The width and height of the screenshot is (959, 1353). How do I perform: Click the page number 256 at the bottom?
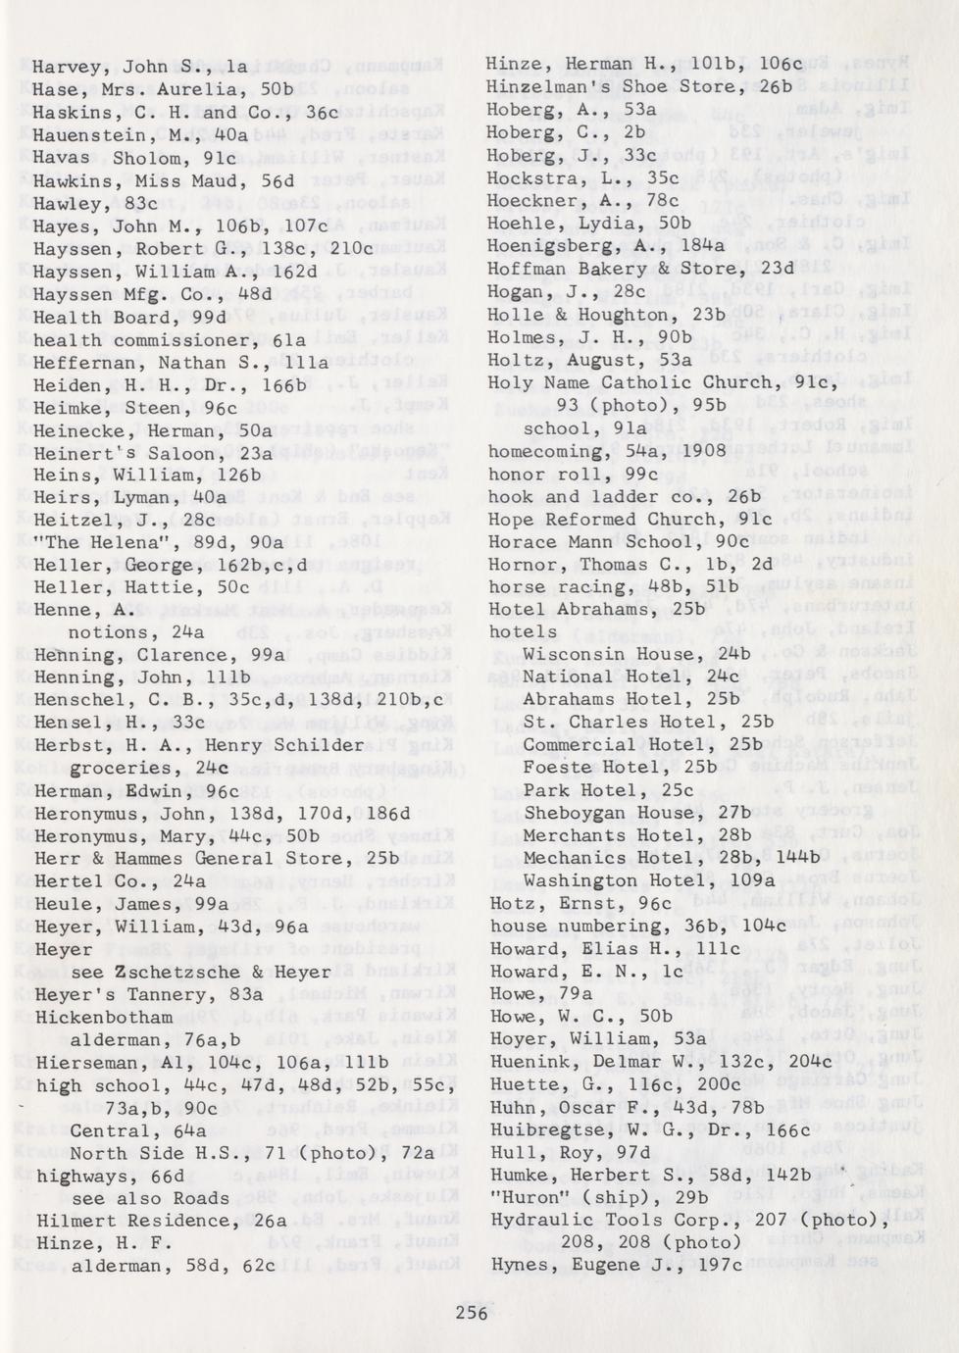[x=471, y=1313]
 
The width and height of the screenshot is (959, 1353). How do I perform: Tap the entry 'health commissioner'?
[x=142, y=340]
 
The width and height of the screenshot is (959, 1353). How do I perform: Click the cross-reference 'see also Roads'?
[x=150, y=1198]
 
